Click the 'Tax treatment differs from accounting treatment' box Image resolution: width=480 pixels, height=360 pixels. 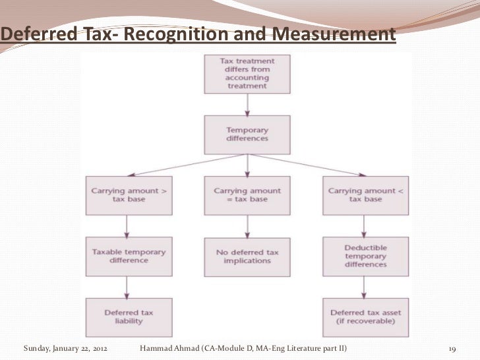tap(247, 73)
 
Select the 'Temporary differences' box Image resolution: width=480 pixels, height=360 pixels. tap(247, 134)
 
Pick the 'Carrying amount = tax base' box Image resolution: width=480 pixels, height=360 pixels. tap(247, 195)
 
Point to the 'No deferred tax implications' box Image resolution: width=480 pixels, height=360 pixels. tap(247, 255)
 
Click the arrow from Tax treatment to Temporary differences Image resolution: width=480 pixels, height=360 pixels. tap(247, 104)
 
